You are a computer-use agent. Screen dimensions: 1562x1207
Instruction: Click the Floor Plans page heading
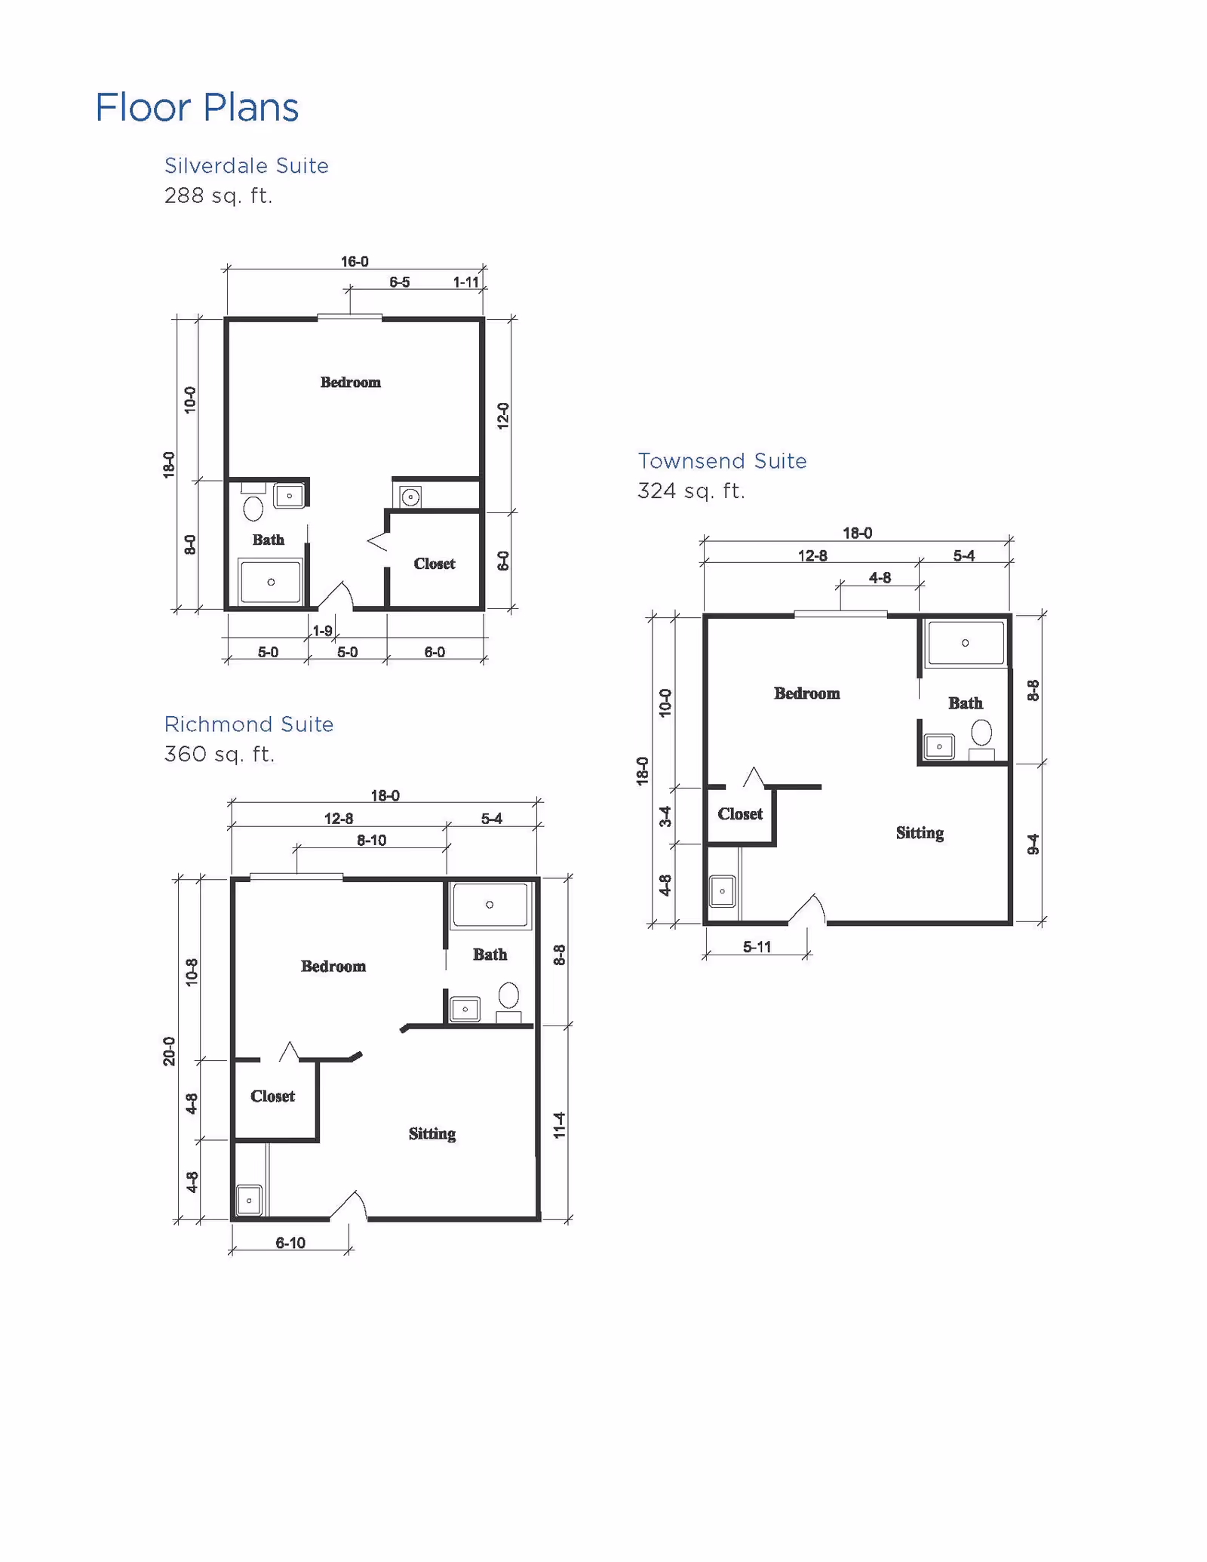pyautogui.click(x=197, y=107)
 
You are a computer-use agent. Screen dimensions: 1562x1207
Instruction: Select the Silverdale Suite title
pyautogui.click(x=247, y=166)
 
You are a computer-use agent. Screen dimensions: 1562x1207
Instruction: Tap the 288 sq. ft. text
pyautogui.click(x=218, y=196)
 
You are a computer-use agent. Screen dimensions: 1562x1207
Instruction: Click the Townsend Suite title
pyautogui.click(x=722, y=461)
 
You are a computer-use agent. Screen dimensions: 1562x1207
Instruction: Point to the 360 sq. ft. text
pyautogui.click(x=219, y=755)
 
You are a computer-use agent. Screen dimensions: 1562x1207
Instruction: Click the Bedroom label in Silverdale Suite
pyautogui.click(x=350, y=383)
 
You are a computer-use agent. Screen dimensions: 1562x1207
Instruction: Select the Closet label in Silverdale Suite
pyautogui.click(x=434, y=564)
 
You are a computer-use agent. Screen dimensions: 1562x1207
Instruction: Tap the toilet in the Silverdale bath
pyautogui.click(x=253, y=507)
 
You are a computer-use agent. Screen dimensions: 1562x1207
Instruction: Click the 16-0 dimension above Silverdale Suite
pyautogui.click(x=355, y=262)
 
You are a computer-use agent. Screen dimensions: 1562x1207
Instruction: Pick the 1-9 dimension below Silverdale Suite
pyautogui.click(x=322, y=631)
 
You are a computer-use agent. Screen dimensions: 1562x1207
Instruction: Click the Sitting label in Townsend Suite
pyautogui.click(x=920, y=833)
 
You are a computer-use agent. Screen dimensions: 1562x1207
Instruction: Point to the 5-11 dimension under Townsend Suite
pyautogui.click(x=757, y=947)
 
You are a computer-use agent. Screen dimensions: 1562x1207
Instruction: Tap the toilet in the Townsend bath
pyautogui.click(x=981, y=733)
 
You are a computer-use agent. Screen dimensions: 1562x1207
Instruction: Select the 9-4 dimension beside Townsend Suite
pyautogui.click(x=1033, y=844)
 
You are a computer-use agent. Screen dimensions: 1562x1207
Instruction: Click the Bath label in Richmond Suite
pyautogui.click(x=490, y=955)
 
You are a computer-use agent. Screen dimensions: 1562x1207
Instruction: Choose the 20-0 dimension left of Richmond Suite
pyautogui.click(x=169, y=1051)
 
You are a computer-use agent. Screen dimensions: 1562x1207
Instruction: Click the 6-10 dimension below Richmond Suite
pyautogui.click(x=290, y=1243)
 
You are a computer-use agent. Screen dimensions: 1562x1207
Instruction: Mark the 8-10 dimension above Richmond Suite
pyautogui.click(x=371, y=841)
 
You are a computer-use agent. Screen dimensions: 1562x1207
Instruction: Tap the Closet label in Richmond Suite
pyautogui.click(x=272, y=1096)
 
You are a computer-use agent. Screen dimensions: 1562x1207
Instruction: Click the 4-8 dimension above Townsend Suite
pyautogui.click(x=880, y=578)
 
